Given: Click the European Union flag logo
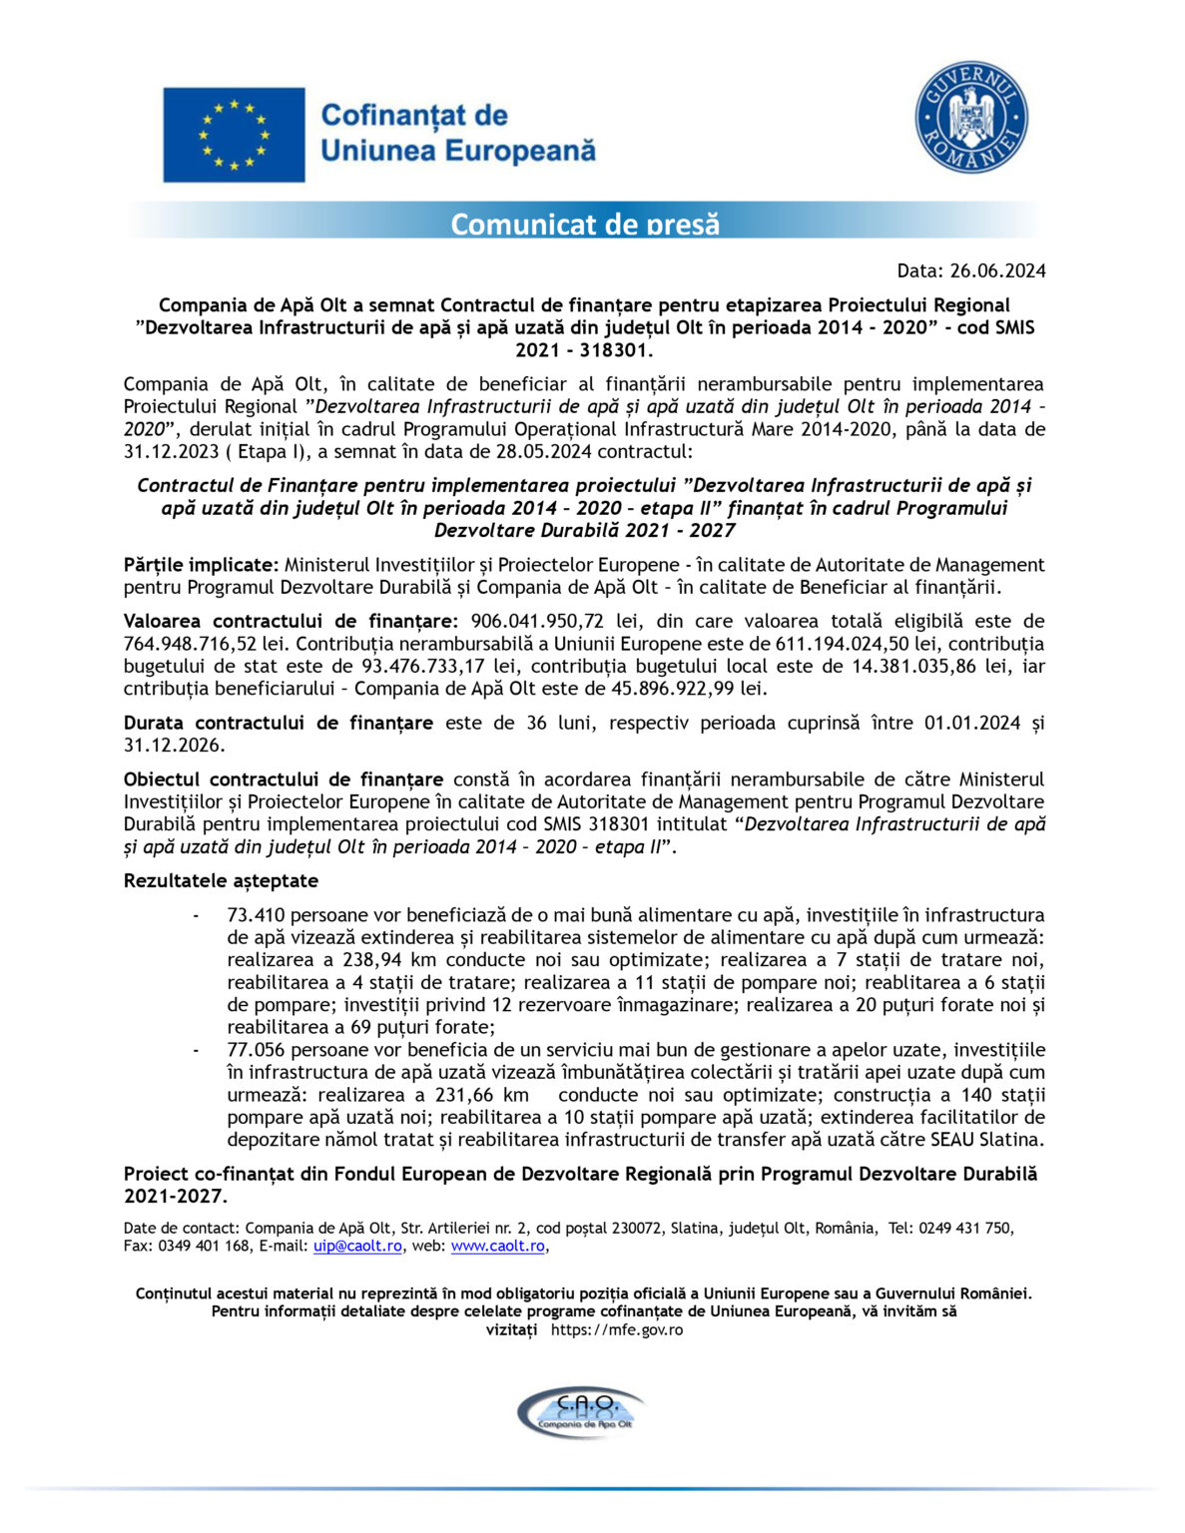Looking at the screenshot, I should coord(234,135).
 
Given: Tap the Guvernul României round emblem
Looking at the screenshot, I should coord(970,118).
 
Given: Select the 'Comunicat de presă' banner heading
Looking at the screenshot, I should coord(584,223).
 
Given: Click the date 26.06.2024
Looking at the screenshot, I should coord(997,270).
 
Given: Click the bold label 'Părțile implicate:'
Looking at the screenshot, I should coord(202,565).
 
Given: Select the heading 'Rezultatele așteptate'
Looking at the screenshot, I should coord(221,880).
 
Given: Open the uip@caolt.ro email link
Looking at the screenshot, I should coord(357,1246).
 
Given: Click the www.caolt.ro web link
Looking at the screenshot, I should coord(497,1246).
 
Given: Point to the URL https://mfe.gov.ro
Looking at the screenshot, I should coord(617,1329).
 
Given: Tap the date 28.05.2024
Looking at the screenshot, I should coord(543,451).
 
